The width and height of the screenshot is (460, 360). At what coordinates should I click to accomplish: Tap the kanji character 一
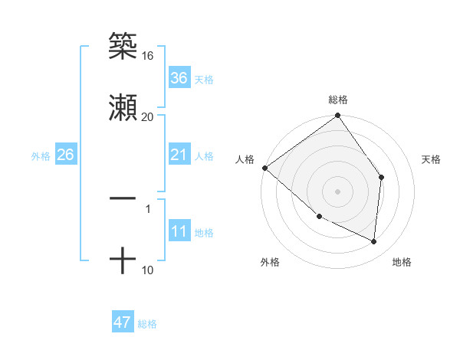click(123, 198)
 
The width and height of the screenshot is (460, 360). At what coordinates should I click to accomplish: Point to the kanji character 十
click(123, 260)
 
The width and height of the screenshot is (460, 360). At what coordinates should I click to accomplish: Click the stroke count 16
click(147, 56)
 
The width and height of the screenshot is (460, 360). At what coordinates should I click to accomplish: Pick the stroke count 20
click(147, 116)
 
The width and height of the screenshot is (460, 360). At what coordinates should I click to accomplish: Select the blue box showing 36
click(179, 78)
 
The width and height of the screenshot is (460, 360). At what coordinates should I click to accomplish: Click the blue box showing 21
click(179, 155)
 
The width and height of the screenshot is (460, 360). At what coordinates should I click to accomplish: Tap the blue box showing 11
click(179, 232)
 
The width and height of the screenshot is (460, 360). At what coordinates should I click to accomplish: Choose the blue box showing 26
click(65, 155)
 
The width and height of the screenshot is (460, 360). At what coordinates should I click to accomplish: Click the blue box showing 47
click(123, 322)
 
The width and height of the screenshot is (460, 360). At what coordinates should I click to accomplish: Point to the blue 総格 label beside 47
click(147, 324)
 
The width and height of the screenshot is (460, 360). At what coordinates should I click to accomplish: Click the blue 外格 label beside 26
click(41, 156)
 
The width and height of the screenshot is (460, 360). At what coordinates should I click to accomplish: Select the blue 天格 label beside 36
click(204, 80)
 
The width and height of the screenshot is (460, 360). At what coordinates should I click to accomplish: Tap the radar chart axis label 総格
click(338, 100)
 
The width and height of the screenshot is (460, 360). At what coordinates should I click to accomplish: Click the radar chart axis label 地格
click(402, 263)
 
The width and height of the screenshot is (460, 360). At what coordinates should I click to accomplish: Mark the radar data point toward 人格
click(264, 168)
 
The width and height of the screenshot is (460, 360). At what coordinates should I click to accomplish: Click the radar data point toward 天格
click(382, 177)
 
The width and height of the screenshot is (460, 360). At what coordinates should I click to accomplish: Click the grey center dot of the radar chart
click(338, 191)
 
